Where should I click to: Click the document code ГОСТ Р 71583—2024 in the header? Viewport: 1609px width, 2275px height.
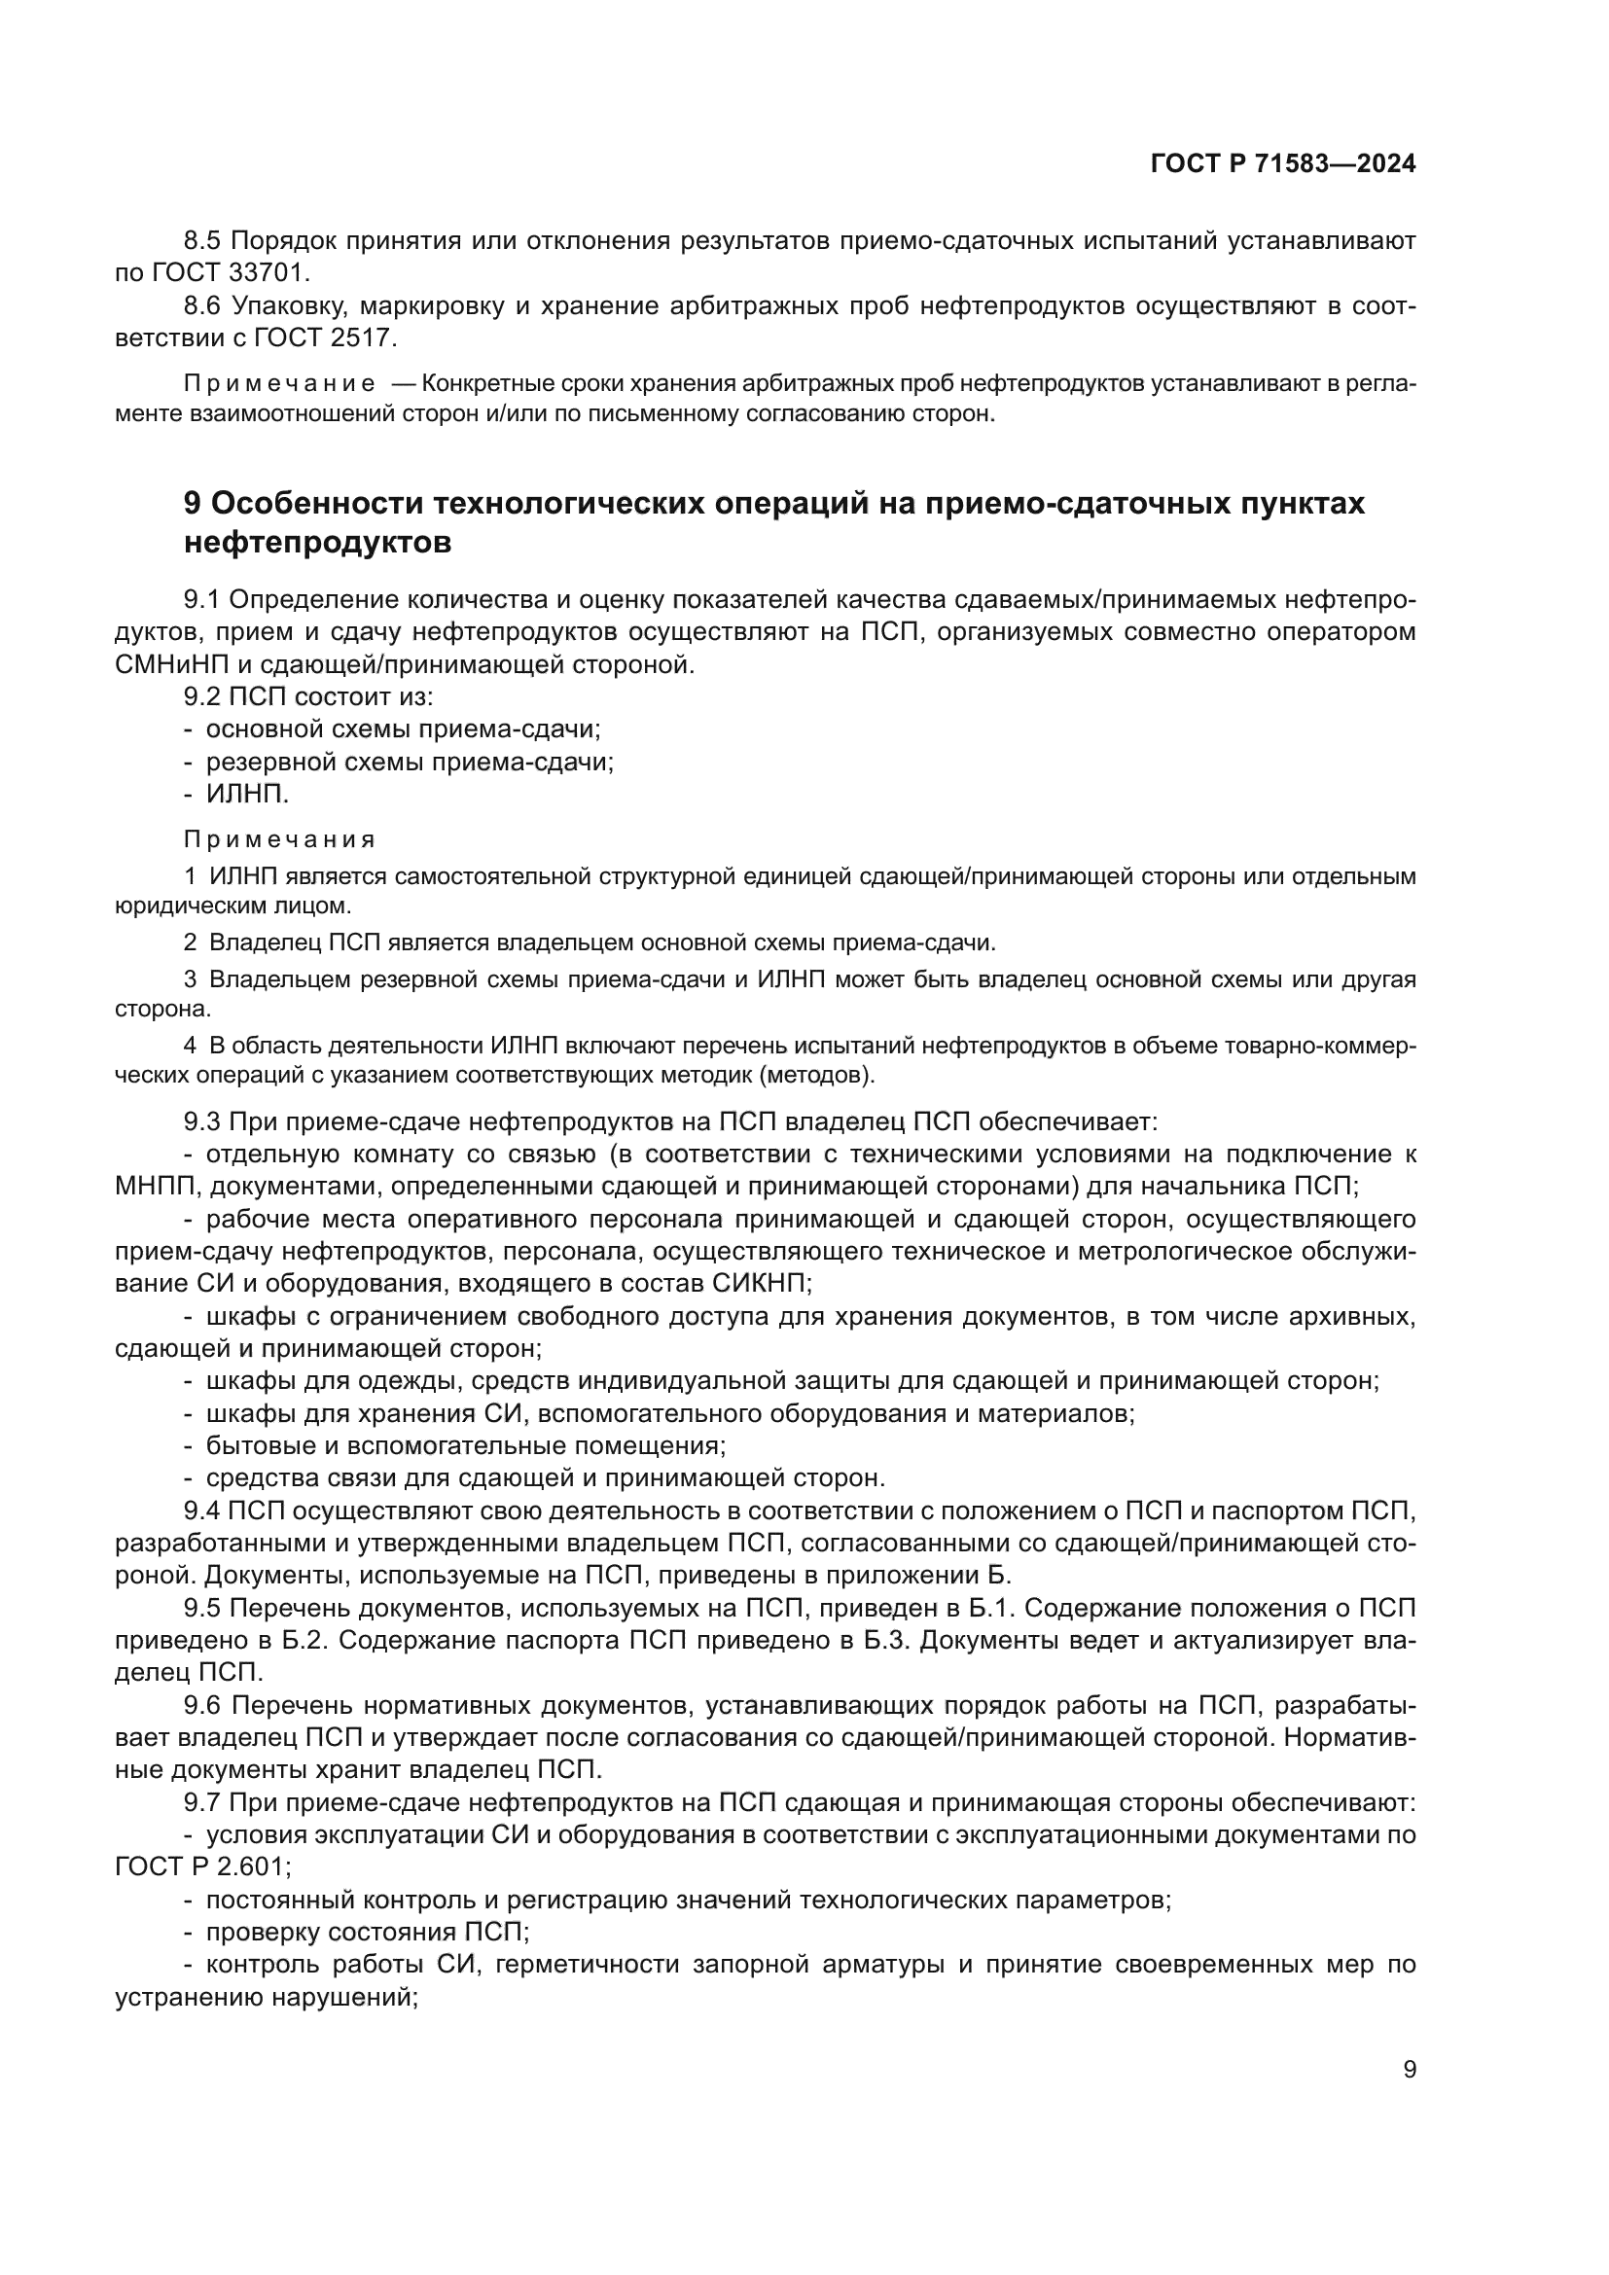(x=1282, y=164)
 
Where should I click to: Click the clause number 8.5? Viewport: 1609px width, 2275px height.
(x=203, y=241)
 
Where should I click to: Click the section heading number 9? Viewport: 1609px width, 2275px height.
(x=193, y=504)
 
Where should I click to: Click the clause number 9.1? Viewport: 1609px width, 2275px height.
(x=203, y=599)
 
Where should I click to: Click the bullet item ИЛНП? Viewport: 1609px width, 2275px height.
(x=247, y=794)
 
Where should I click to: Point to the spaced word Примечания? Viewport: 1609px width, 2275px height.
(x=279, y=840)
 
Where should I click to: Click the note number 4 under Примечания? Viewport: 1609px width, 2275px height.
(x=190, y=1046)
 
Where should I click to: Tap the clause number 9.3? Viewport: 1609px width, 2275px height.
(x=203, y=1121)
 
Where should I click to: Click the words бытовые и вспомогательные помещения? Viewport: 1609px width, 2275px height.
(x=466, y=1445)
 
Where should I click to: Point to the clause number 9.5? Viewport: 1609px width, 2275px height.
(x=203, y=1607)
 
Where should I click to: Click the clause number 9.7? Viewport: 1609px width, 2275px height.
(x=203, y=1802)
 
